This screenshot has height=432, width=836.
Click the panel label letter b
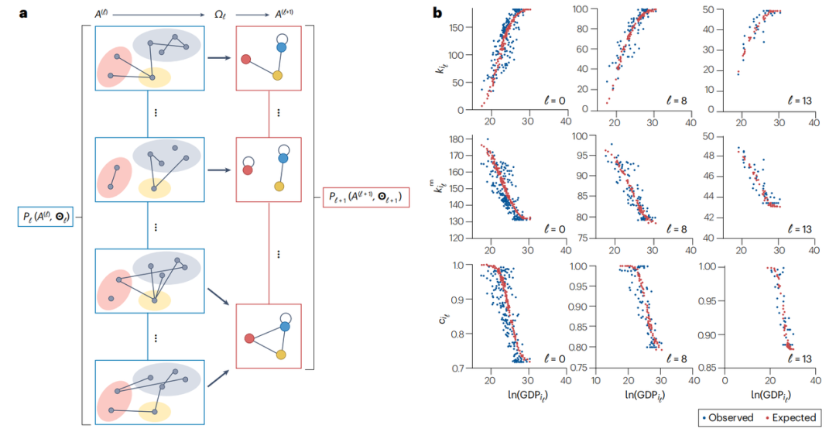[437, 12]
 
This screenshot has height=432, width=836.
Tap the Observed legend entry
[727, 417]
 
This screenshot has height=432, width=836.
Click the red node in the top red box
[245, 59]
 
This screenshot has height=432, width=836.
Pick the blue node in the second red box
[283, 158]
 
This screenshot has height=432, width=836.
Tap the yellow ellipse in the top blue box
[155, 77]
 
